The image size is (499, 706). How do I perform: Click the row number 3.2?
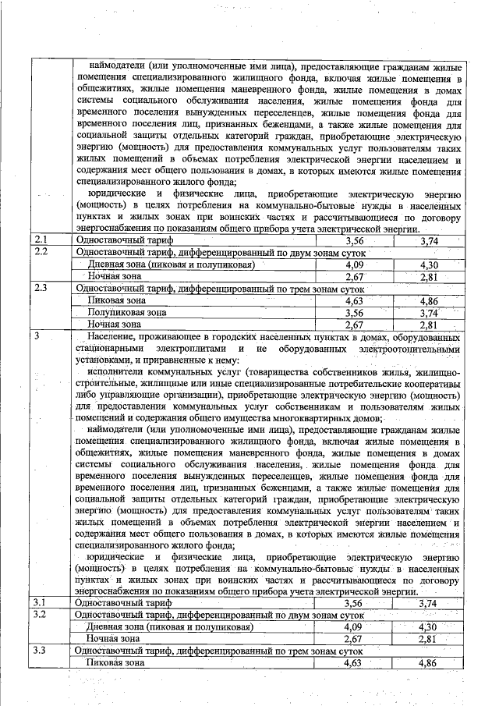tap(41, 615)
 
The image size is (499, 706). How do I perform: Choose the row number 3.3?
tap(41, 651)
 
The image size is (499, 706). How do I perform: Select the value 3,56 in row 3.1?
tap(354, 603)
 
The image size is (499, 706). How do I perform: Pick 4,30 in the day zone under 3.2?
tap(428, 626)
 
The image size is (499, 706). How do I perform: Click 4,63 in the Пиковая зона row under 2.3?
tap(354, 300)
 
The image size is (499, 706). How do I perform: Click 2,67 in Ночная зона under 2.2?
tap(354, 276)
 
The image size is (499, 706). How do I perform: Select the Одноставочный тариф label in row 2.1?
tap(123, 241)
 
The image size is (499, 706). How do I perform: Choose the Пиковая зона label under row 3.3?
tap(116, 662)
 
